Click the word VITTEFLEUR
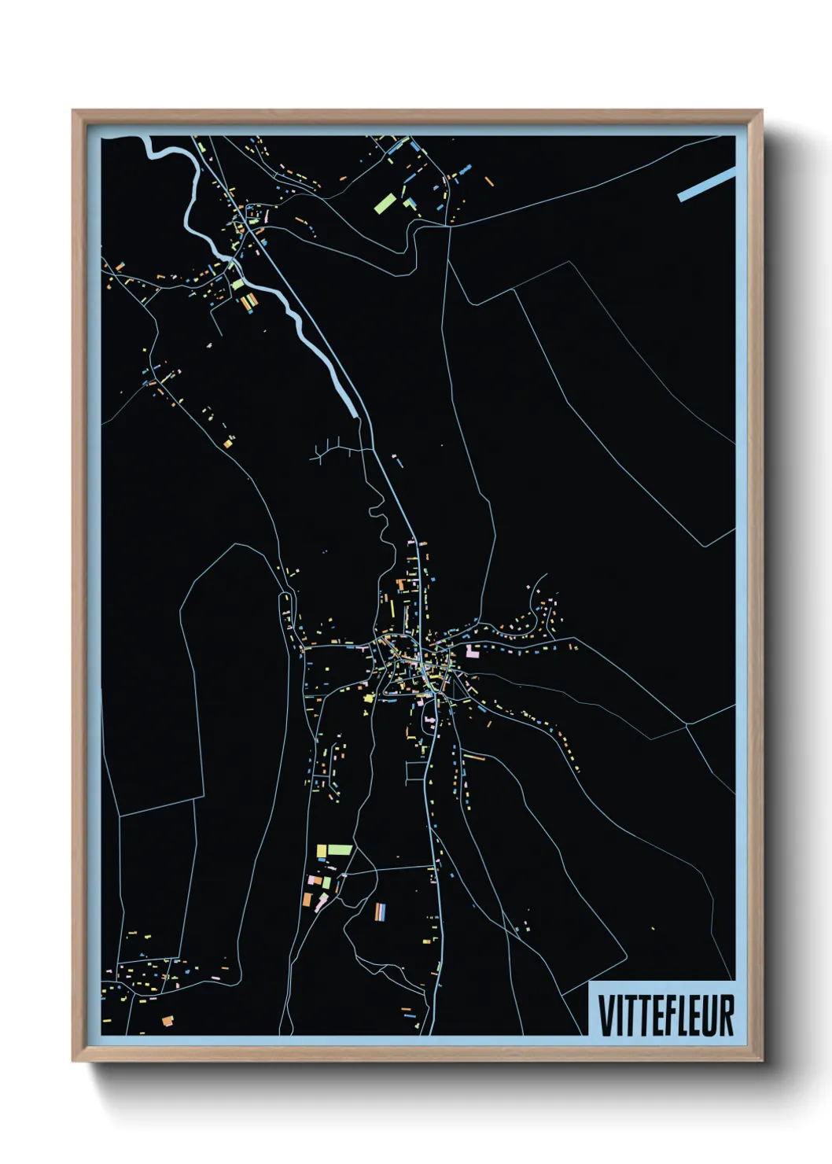[x=665, y=1015]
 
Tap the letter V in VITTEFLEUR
[x=606, y=1015]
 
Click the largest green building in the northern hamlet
[x=385, y=204]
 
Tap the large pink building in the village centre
[x=472, y=651]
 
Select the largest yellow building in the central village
[x=368, y=698]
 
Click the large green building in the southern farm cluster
[x=340, y=849]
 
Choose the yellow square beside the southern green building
[x=321, y=850]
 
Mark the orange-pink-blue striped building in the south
[x=381, y=912]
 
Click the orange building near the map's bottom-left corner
[x=168, y=1021]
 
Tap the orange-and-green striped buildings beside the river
[x=248, y=301]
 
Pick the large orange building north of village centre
[x=400, y=584]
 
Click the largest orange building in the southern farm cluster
[x=307, y=899]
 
